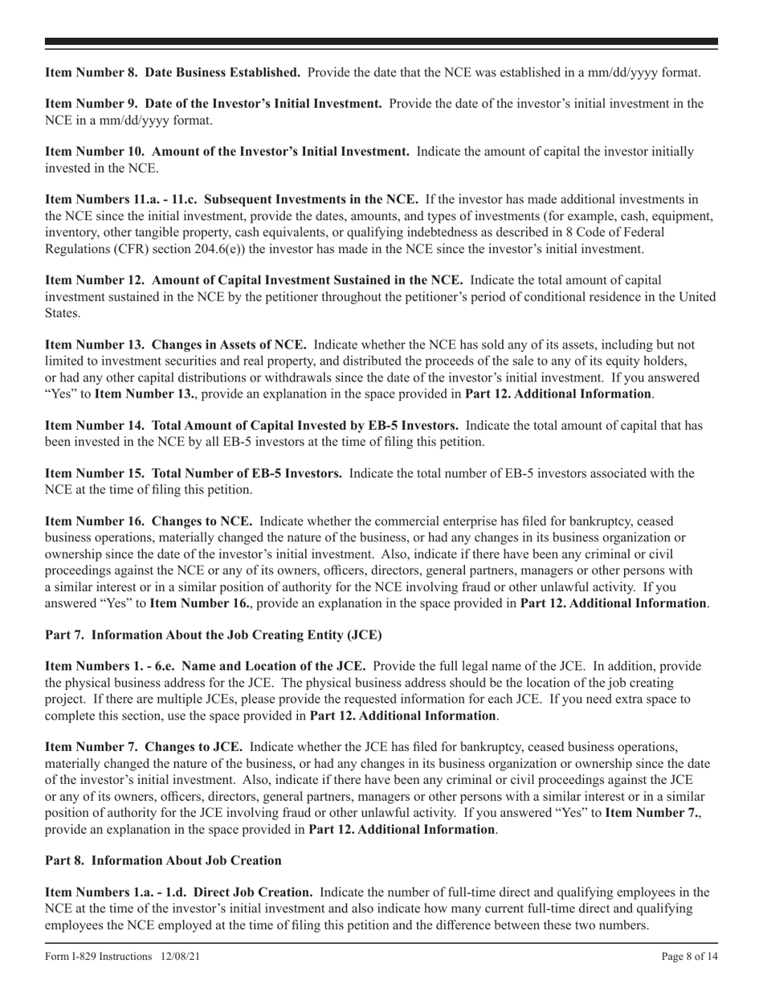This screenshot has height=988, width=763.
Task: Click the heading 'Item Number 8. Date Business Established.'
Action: click(173, 72)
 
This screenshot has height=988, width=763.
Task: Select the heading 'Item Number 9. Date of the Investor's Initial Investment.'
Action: click(213, 104)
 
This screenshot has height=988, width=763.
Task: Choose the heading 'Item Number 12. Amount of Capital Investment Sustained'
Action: click(254, 280)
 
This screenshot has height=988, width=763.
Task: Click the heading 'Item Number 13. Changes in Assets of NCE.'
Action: click(175, 345)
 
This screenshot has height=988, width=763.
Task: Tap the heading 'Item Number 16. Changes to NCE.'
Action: click(149, 521)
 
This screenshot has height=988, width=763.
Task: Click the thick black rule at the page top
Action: click(381, 42)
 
